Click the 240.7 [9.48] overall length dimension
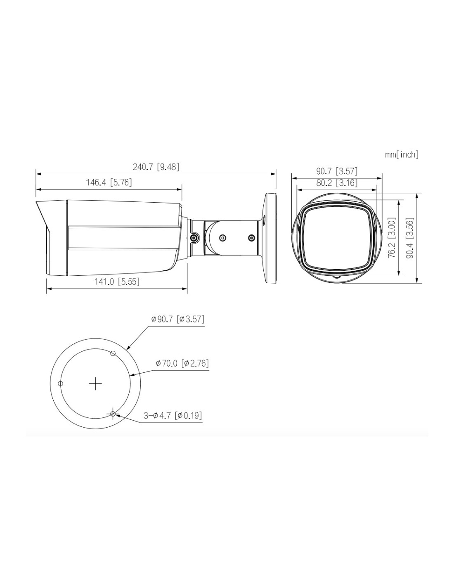coord(156,167)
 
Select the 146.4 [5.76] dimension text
coord(109,182)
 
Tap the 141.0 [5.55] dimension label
coord(117,282)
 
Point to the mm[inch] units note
coord(402,154)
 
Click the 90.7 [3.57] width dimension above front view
coord(336,171)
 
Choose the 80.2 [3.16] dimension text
coord(336,183)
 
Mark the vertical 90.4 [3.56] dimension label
coord(411,238)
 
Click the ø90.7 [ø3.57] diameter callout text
coord(177,319)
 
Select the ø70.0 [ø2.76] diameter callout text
coord(182,363)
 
